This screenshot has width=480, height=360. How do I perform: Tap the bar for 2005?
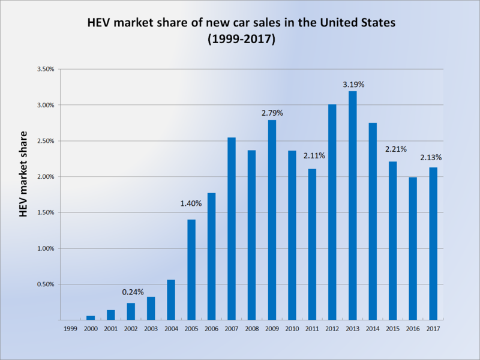point(191,270)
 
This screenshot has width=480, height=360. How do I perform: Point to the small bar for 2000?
point(91,318)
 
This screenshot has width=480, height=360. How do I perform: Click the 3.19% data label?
point(353,85)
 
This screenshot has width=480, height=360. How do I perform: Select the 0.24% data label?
point(133,292)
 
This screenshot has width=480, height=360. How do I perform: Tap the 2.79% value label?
point(272,113)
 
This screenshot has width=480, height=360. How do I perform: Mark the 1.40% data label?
point(191,204)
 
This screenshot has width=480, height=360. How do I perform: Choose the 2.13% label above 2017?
point(431,158)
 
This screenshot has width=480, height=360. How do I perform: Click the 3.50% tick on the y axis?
point(46,70)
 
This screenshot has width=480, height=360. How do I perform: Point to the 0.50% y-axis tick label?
point(46,284)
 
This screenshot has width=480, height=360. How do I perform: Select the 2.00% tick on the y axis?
point(46,177)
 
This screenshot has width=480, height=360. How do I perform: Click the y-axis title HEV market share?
point(23,173)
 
